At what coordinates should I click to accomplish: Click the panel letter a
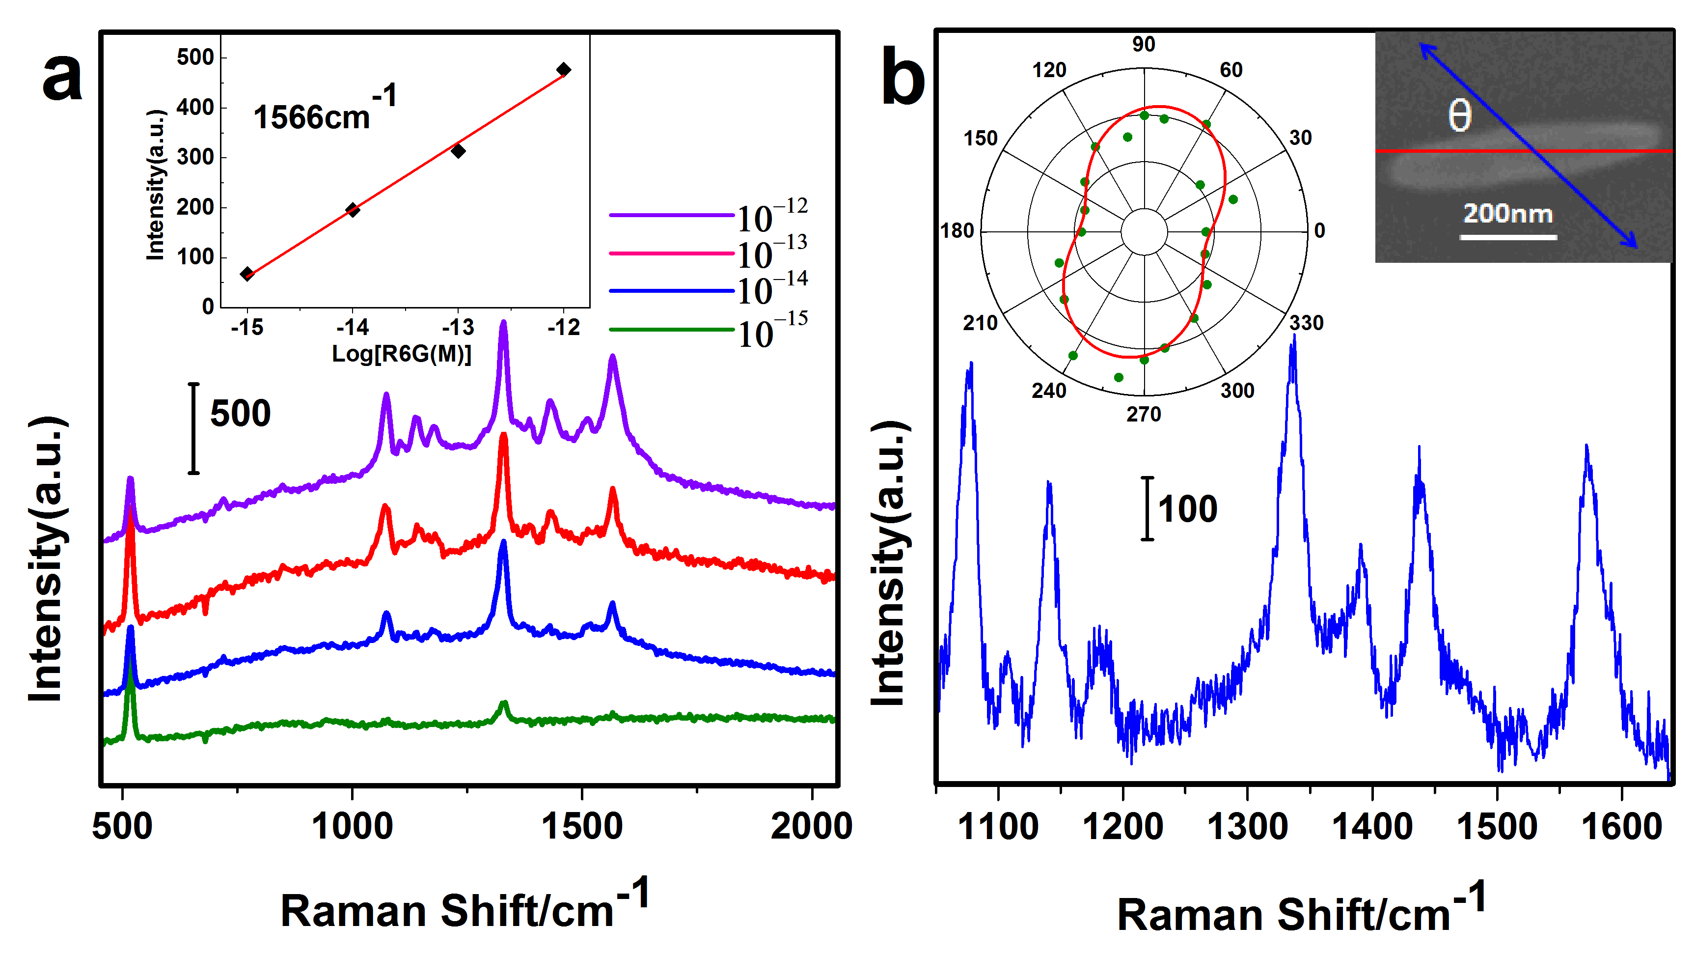coord(62,78)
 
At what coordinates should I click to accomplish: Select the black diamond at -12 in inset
coord(563,70)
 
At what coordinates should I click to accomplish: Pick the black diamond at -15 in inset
coord(247,274)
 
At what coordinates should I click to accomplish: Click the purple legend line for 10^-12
coord(671,215)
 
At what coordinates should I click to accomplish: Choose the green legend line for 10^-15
coord(671,329)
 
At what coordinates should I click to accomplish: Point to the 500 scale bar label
coord(240,414)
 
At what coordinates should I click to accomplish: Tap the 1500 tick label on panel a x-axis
coord(582,826)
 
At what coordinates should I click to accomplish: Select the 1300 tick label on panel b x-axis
coord(1247,826)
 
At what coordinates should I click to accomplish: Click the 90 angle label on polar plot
coord(1144,44)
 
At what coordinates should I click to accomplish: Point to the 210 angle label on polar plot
coord(981,323)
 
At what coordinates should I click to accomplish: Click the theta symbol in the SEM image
coord(1459,116)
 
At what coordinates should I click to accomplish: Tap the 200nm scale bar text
coord(1507,213)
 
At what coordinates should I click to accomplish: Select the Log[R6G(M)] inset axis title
coord(401,354)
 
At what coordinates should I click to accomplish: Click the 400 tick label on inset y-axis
coord(195,107)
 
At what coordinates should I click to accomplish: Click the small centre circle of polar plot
coord(1144,232)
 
